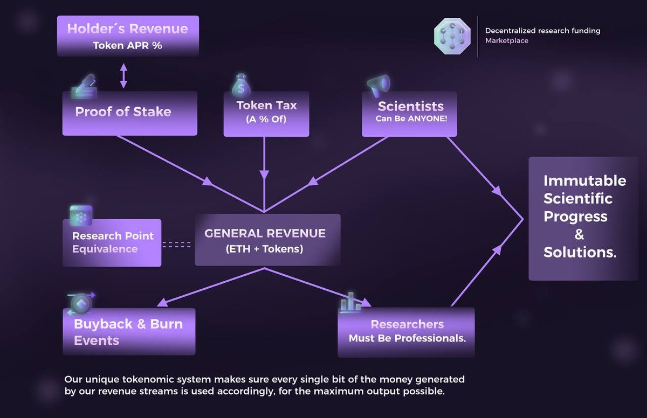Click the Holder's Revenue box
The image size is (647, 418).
click(128, 36)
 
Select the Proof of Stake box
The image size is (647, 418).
click(129, 113)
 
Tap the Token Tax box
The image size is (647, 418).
click(266, 113)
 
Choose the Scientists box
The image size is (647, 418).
click(410, 113)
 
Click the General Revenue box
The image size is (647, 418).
click(267, 240)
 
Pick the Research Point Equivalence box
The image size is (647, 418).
click(112, 243)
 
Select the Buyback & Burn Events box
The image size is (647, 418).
click(129, 332)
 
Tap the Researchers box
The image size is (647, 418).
click(407, 332)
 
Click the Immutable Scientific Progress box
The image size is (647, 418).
click(583, 218)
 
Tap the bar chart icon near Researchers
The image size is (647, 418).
click(350, 302)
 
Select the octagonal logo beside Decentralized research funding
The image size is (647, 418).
click(453, 36)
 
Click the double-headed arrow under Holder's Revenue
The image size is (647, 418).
click(123, 76)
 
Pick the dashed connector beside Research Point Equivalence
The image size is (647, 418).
click(177, 245)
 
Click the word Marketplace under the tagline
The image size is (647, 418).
click(506, 41)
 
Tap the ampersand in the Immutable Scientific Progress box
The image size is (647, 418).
click(580, 235)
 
